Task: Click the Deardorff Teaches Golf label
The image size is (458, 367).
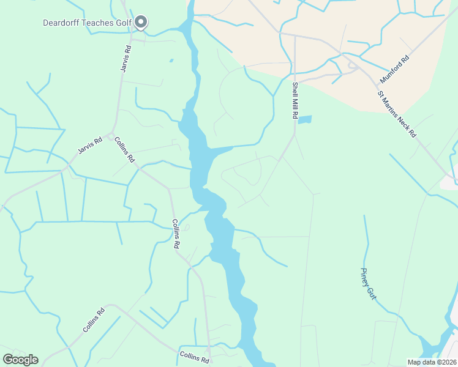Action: [x=87, y=23]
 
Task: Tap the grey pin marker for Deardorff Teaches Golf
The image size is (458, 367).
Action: [x=141, y=23]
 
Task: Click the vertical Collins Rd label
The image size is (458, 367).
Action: [x=176, y=233]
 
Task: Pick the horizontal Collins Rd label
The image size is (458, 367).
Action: [x=195, y=357]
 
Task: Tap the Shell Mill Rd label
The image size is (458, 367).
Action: [x=295, y=100]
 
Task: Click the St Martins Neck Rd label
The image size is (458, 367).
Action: [x=397, y=114]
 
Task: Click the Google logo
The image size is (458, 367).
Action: [x=20, y=359]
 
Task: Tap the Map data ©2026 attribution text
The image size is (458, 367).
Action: [x=432, y=362]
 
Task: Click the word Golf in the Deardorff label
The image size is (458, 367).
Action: [x=122, y=23]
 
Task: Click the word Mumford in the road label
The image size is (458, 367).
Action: [x=391, y=74]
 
